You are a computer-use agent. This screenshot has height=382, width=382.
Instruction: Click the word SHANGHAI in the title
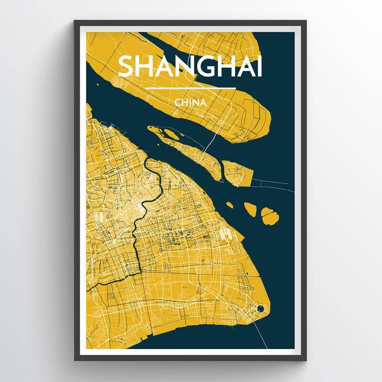(x=189, y=66)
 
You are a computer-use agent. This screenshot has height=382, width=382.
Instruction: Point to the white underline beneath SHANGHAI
(x=189, y=88)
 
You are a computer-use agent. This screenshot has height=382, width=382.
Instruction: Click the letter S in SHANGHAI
(x=126, y=66)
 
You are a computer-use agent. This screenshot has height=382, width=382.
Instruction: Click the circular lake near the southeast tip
(x=260, y=308)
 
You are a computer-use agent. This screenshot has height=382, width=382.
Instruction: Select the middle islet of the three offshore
(x=250, y=210)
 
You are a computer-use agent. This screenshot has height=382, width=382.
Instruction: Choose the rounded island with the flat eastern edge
(x=236, y=172)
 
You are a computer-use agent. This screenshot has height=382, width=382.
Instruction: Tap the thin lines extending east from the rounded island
(x=271, y=184)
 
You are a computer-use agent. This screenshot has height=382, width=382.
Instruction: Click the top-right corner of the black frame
(x=306, y=21)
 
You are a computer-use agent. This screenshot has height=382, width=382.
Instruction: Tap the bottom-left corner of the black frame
(x=75, y=360)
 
